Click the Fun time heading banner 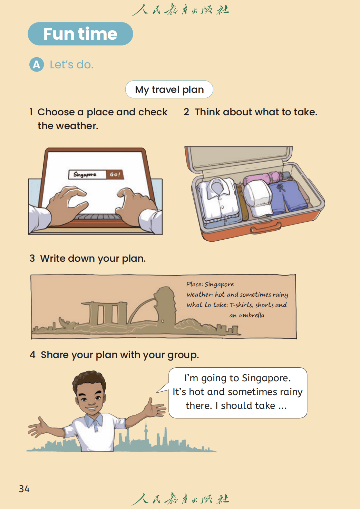pos(80,33)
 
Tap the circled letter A pos(37,65)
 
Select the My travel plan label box pos(169,89)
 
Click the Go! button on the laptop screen pos(115,174)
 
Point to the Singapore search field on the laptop pos(87,174)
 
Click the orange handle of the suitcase pos(265,228)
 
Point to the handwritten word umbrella pos(252,315)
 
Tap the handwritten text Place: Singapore pos(210,284)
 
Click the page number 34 pos(24,489)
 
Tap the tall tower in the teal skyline pos(146,431)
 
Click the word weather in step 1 pos(77,126)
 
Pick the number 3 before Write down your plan pos(32,258)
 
